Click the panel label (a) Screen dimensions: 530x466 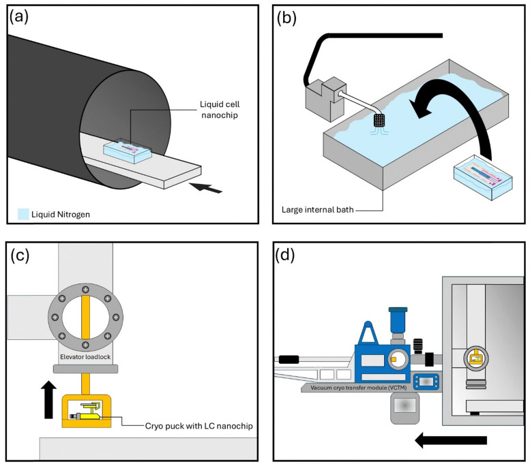click(x=19, y=17)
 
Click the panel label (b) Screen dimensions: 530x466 click(x=286, y=18)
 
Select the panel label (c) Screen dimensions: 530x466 click(x=20, y=255)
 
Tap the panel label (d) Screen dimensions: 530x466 click(x=285, y=255)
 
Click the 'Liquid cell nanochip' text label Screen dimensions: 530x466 click(x=220, y=110)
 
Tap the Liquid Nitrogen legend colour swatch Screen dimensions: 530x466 click(x=23, y=215)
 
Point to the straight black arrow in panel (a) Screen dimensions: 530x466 click(x=205, y=187)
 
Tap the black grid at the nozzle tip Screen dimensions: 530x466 click(x=379, y=120)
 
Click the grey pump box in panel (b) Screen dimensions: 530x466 click(x=325, y=99)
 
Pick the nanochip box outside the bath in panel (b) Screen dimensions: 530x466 click(x=483, y=176)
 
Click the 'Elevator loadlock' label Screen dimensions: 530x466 click(x=85, y=356)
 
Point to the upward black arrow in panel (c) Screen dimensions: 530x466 click(x=48, y=399)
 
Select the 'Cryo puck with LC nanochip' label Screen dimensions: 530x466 click(x=198, y=426)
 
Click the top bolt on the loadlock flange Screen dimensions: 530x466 click(x=85, y=290)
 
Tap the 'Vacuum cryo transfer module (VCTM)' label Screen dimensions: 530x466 click(x=358, y=388)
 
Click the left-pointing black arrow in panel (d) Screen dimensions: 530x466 click(x=451, y=440)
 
